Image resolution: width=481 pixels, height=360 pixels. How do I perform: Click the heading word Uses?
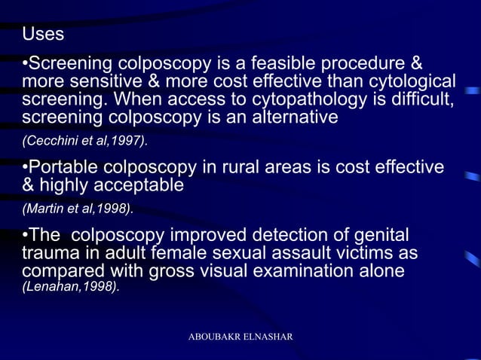click(43, 35)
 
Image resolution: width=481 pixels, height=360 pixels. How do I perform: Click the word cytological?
click(409, 81)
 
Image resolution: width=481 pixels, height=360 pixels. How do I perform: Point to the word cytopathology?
click(300, 99)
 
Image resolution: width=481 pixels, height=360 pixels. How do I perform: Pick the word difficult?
click(421, 99)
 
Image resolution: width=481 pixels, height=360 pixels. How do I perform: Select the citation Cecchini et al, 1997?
click(84, 141)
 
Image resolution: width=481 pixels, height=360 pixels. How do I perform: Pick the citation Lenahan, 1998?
click(70, 287)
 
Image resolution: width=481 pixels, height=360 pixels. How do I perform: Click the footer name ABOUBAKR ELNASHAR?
click(240, 334)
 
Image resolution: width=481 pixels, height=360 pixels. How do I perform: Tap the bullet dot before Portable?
click(25, 166)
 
